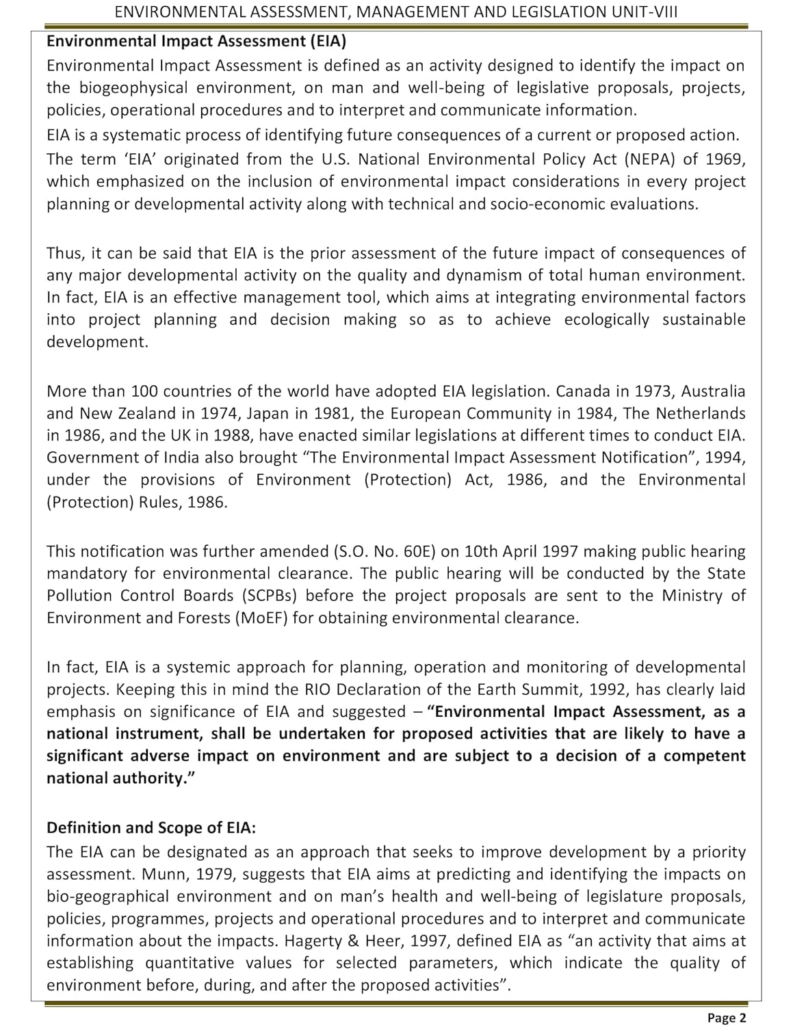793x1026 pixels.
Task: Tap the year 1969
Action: [x=726, y=159]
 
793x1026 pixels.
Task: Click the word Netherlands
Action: [x=701, y=413]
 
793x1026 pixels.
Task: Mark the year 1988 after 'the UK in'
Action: [x=233, y=436]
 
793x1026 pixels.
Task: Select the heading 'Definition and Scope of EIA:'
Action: [x=151, y=828]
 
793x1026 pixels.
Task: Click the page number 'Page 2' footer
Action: [x=727, y=1018]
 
